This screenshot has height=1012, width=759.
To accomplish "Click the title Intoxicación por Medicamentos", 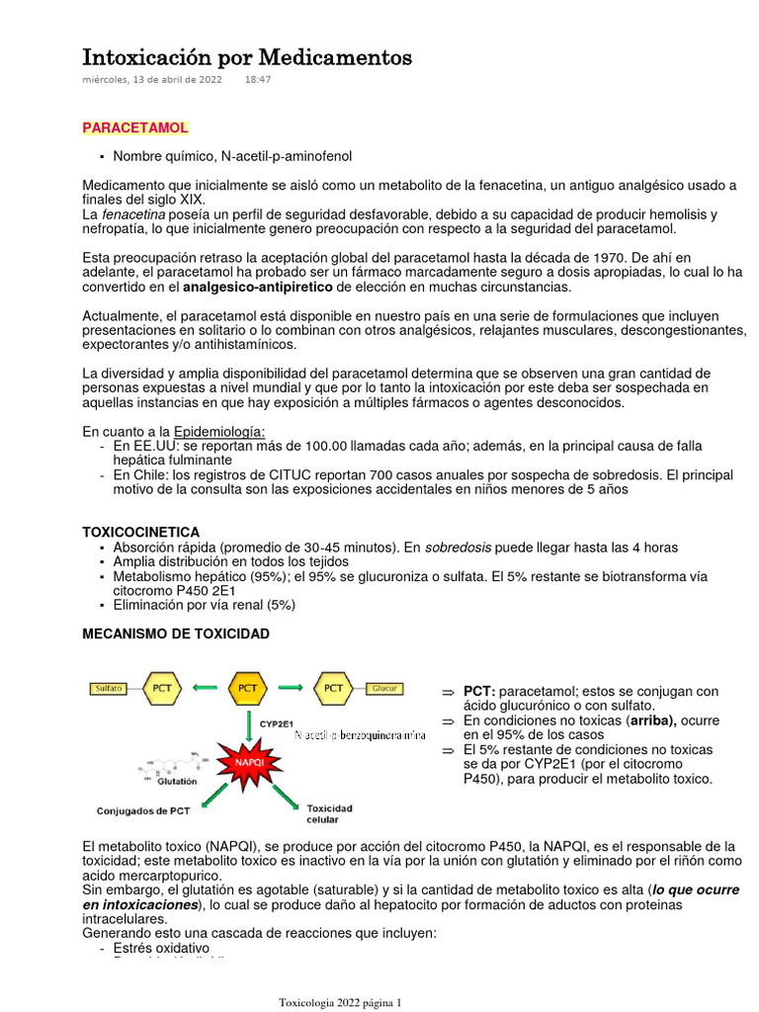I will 246,57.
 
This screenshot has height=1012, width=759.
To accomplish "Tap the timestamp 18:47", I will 257,80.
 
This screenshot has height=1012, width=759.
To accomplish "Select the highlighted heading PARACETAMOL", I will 134,128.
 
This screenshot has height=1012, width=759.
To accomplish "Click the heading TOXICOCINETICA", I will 140,532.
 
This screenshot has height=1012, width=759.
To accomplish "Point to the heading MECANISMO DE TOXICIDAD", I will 175,633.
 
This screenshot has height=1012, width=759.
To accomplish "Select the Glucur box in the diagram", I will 385,688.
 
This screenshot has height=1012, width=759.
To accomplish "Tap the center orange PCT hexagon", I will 247,687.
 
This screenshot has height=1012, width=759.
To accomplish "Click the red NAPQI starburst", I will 249,762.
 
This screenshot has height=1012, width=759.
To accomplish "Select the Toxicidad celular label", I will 329,813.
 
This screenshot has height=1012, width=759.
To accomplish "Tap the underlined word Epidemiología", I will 218,432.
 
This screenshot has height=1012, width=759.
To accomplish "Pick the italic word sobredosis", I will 459,548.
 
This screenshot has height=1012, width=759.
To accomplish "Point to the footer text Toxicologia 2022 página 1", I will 340,1002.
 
